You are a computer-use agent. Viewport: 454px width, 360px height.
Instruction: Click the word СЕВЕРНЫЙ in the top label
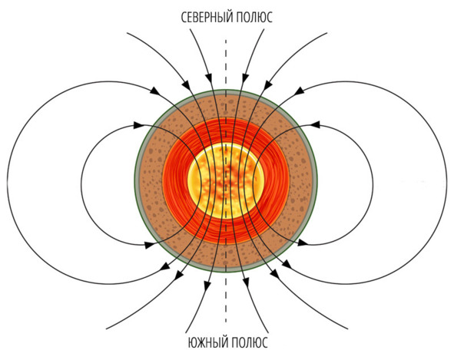pyautogui.click(x=207, y=18)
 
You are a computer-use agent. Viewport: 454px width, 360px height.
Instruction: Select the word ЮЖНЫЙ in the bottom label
pyautogui.click(x=206, y=342)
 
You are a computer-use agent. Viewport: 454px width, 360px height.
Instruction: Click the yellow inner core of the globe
pyautogui.click(x=226, y=181)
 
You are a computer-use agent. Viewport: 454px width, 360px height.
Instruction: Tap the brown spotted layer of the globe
pyautogui.click(x=151, y=181)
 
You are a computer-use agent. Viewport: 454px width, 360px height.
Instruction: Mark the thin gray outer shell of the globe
pyautogui.click(x=137, y=181)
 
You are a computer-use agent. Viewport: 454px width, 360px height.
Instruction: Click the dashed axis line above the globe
pyautogui.click(x=226, y=64)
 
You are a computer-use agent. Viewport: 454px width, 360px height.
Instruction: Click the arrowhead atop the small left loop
pyautogui.click(x=139, y=125)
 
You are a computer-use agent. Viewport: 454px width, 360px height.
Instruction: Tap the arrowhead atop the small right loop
pyautogui.click(x=315, y=124)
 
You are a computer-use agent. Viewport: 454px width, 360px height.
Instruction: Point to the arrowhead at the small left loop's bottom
pyautogui.click(x=150, y=245)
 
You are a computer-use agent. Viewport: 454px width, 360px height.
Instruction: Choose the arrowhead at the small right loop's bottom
pyautogui.click(x=303, y=243)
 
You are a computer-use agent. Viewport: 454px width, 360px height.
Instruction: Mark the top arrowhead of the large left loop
pyautogui.click(x=155, y=90)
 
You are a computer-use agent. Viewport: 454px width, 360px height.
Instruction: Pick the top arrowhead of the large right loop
pyautogui.click(x=300, y=91)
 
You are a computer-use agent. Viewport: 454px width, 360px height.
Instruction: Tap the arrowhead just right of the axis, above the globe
pyautogui.click(x=244, y=78)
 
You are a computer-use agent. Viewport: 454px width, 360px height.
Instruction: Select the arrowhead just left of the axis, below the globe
pyautogui.click(x=207, y=286)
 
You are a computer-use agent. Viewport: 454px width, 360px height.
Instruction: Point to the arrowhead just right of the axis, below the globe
pyautogui.click(x=246, y=282)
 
